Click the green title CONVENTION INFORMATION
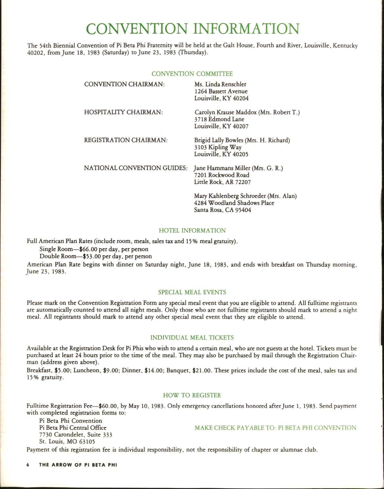[193, 29]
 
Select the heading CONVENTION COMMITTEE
[192, 74]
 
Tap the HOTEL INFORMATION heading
[192, 230]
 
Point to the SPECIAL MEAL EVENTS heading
[192, 293]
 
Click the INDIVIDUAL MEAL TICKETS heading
[192, 338]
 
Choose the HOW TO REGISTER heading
[192, 395]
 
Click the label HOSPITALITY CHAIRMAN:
[124, 112]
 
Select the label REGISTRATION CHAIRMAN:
[126, 140]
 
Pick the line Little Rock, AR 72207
[222, 182]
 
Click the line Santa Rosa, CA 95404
[222, 210]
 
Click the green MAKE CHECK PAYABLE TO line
[275, 428]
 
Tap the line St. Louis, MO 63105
[67, 441]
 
